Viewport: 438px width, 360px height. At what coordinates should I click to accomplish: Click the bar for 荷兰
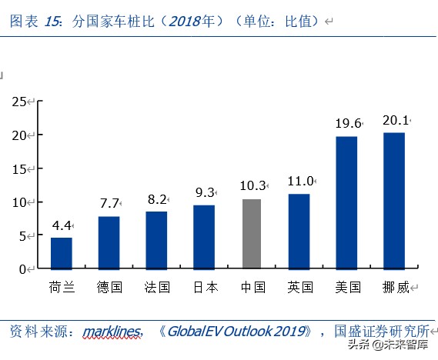tap(62, 253)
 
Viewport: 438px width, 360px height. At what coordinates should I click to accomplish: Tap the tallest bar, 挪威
tap(394, 201)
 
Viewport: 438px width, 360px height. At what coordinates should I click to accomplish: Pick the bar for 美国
tap(346, 202)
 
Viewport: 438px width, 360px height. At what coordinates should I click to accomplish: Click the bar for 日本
tap(204, 237)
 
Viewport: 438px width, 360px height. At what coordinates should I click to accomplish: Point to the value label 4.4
tap(62, 226)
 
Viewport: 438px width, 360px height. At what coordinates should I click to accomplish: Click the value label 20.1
tap(396, 120)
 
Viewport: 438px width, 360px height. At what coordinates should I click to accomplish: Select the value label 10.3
tap(252, 185)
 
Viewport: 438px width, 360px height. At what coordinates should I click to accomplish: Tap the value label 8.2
tap(156, 199)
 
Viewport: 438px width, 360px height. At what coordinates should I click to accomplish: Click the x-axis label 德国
tap(109, 288)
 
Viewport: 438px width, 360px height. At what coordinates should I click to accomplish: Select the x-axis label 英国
tap(299, 288)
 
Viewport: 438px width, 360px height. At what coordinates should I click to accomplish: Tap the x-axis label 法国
tap(156, 288)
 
